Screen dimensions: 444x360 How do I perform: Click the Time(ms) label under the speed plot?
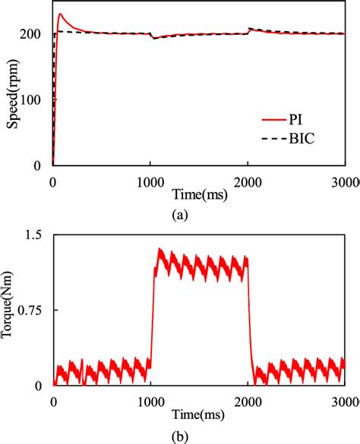point(200,194)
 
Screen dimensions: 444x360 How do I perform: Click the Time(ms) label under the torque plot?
point(200,415)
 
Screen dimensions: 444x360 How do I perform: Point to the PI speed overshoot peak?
point(60,14)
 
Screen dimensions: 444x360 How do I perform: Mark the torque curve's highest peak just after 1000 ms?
point(159,249)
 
